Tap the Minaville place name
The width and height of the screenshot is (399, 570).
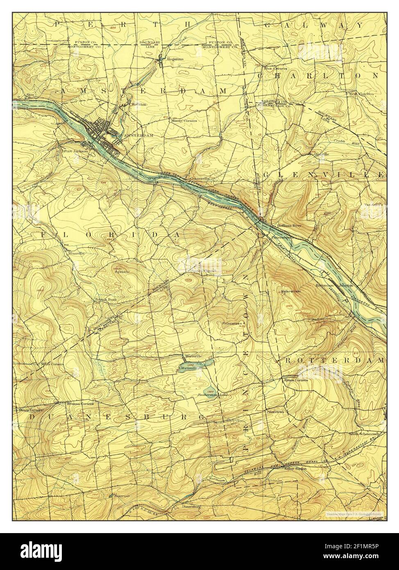pyautogui.click(x=76, y=253)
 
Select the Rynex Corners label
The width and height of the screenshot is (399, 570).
pyautogui.click(x=296, y=379)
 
